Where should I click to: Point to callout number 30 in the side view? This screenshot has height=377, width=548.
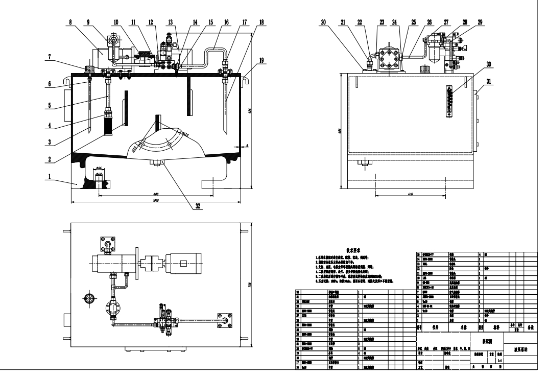tap(475, 65)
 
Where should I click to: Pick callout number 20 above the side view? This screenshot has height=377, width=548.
tap(324, 23)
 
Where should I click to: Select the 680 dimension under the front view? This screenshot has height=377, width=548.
tap(154, 194)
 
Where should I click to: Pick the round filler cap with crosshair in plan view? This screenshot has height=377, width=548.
tap(90, 297)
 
